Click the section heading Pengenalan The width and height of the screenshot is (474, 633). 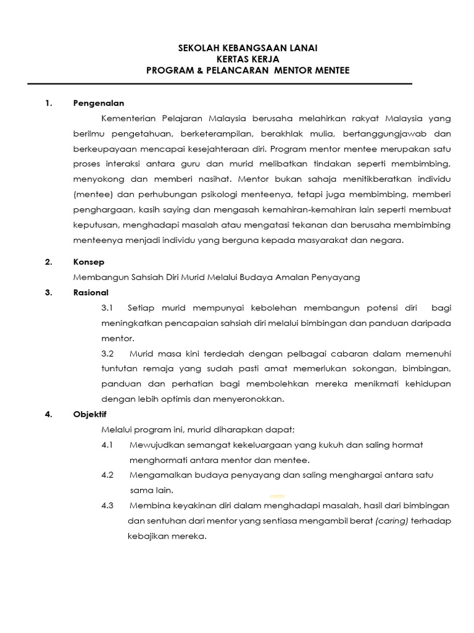click(99, 103)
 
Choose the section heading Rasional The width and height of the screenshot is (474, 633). click(91, 292)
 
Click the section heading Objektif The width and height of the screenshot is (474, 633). click(90, 414)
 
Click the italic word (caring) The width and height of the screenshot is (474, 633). click(392, 520)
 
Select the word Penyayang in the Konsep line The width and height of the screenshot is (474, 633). click(337, 278)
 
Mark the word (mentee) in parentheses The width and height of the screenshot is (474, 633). click(91, 194)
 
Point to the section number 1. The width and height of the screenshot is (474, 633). click(48, 103)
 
